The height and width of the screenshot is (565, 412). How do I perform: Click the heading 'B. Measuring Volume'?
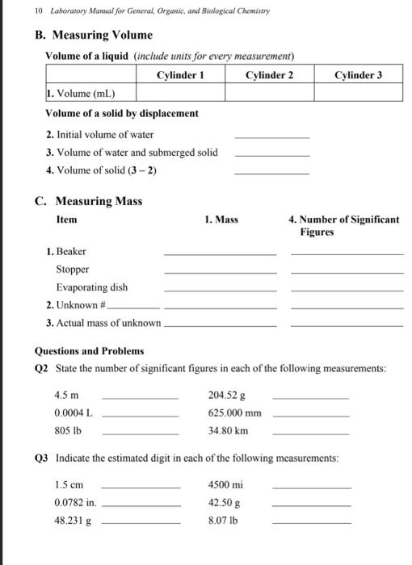click(93, 36)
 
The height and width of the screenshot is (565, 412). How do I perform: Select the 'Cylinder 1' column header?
click(179, 75)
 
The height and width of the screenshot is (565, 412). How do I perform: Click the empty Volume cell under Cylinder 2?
click(268, 93)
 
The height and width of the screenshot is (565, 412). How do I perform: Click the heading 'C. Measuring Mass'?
click(88, 201)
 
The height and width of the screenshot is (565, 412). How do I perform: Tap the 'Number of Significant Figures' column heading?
click(343, 224)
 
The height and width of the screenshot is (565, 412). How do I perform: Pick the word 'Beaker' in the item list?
click(70, 252)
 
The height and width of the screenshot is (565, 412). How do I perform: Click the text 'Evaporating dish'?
click(91, 287)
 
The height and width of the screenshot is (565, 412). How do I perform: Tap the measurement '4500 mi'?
click(225, 485)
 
